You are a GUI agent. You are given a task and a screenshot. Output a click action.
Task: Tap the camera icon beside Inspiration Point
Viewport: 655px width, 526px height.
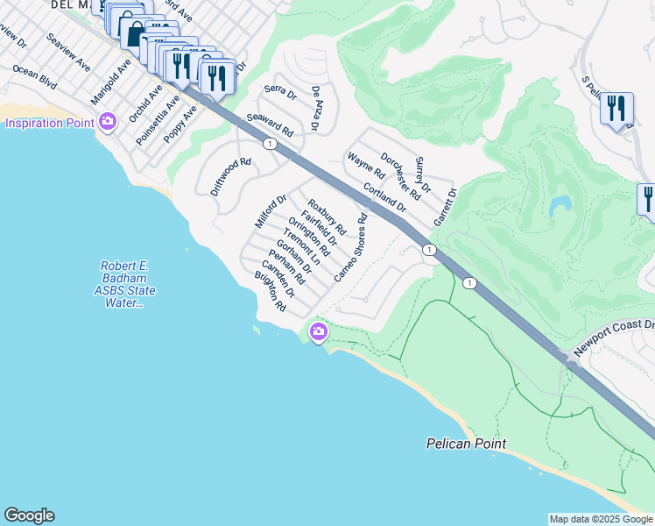pos(108,122)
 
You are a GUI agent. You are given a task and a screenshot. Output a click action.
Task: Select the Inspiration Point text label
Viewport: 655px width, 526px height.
pos(49,123)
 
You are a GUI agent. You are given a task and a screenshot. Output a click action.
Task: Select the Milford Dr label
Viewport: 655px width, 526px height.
pos(271,211)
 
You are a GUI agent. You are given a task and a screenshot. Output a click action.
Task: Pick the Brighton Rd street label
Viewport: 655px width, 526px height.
pos(271,293)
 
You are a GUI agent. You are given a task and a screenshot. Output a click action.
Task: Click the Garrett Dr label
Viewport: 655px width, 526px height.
pos(446,206)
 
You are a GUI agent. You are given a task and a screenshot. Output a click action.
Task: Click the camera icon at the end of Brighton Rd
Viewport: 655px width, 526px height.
pos(318,331)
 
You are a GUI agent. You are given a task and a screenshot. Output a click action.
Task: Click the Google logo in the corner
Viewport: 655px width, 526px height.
pos(29,515)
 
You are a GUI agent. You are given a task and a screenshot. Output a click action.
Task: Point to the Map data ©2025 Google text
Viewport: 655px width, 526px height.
pos(601,519)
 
